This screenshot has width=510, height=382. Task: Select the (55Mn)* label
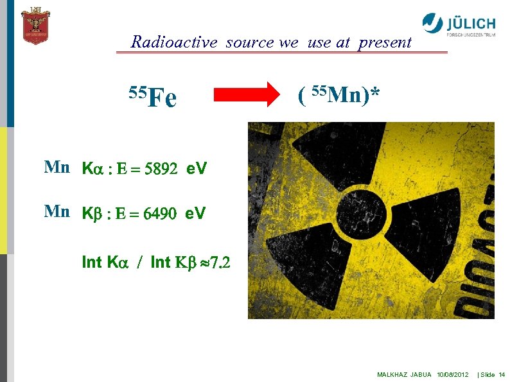[339, 96]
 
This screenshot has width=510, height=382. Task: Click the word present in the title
[385, 42]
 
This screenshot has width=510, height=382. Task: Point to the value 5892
[161, 169]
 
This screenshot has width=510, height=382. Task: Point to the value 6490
[160, 213]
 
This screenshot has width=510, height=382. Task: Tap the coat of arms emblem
[35, 26]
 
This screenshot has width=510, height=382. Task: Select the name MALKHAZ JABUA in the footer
[404, 374]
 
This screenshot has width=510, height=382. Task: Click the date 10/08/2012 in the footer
[453, 374]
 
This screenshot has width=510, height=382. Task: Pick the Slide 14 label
[493, 374]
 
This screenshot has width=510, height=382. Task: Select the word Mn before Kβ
[57, 213]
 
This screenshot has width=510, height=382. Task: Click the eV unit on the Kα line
[196, 169]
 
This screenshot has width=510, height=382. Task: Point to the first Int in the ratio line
[92, 262]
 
